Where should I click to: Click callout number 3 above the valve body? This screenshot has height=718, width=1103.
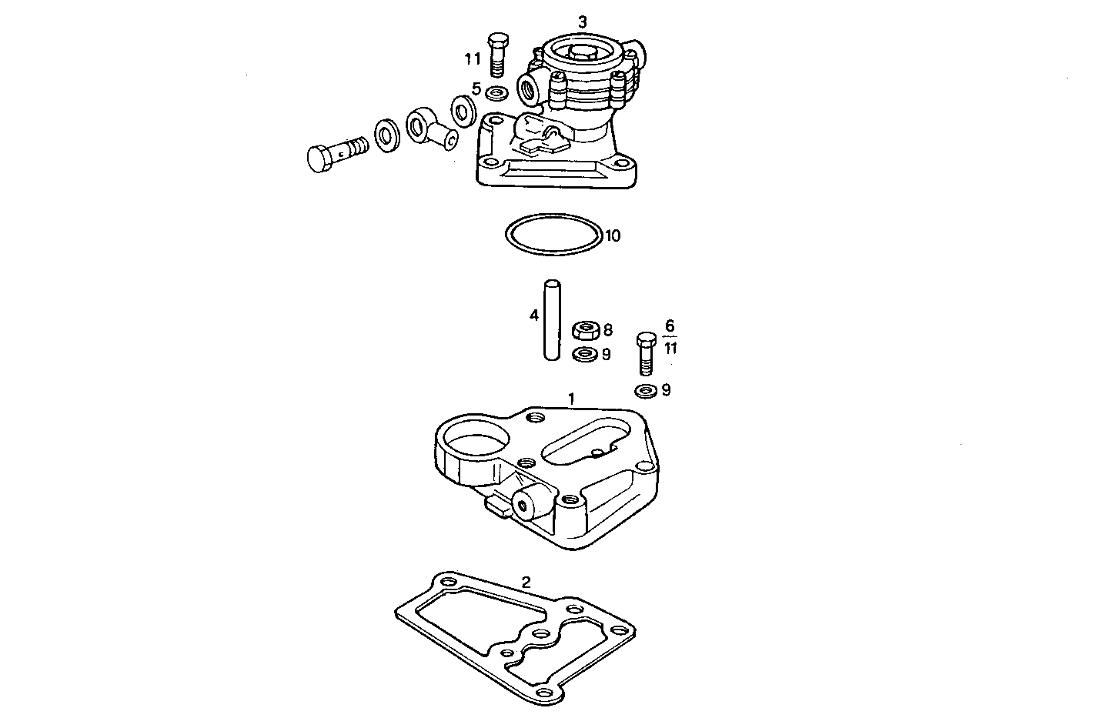point(582,22)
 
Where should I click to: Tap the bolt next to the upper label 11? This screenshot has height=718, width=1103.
point(496,55)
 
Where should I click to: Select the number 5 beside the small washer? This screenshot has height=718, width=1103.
point(476,89)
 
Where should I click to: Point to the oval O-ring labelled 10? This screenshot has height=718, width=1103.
point(553,233)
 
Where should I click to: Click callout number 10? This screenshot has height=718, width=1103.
point(612,235)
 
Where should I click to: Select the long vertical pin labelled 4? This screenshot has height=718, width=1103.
point(551,319)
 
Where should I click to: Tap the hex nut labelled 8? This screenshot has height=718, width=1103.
point(586,331)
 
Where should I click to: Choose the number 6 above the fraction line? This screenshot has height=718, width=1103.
point(670,326)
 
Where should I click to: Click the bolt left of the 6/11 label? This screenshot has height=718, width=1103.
point(647,353)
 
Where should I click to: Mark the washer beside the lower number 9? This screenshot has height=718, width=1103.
point(645,390)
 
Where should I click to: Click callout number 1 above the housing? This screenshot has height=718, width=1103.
point(571,398)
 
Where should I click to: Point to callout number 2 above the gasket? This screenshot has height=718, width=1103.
point(526,582)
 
